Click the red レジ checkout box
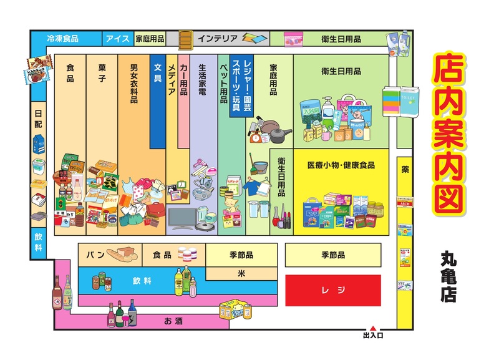(332, 291)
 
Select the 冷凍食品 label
(62, 39)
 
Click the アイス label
(117, 39)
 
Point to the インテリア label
(217, 39)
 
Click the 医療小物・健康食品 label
(341, 165)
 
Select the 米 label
(241, 273)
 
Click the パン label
(94, 255)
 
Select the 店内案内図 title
(448, 134)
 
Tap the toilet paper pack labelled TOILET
(409, 101)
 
